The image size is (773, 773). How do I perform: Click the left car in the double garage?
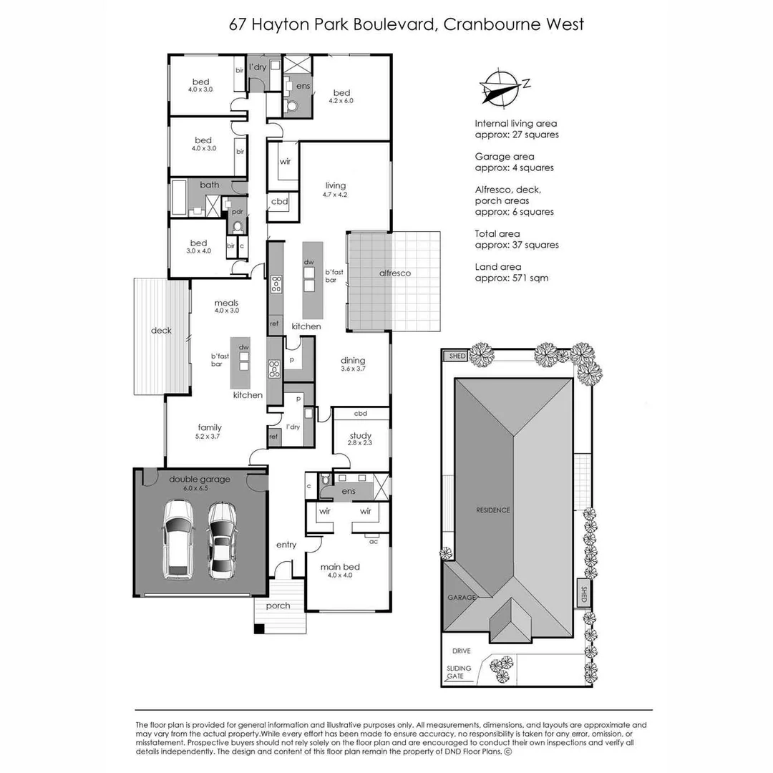pyautogui.click(x=178, y=539)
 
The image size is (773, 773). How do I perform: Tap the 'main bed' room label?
pyautogui.click(x=340, y=567)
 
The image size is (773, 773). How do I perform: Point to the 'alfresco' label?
pyautogui.click(x=394, y=273)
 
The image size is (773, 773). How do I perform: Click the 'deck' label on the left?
pyautogui.click(x=161, y=331)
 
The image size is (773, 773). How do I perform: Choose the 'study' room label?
pyautogui.click(x=361, y=435)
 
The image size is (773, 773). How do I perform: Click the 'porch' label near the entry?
pyautogui.click(x=278, y=606)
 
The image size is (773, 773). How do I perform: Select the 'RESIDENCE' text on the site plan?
pyautogui.click(x=494, y=510)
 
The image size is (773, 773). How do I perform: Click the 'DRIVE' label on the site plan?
pyautogui.click(x=461, y=651)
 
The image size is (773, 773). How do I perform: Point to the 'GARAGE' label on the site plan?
pyautogui.click(x=462, y=597)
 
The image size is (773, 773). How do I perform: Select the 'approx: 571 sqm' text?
pyautogui.click(x=512, y=278)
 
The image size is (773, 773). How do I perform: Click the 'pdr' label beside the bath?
pyautogui.click(x=237, y=213)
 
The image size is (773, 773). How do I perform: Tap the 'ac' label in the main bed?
pyautogui.click(x=373, y=541)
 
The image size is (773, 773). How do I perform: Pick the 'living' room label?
pyautogui.click(x=335, y=185)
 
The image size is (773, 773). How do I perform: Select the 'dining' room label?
pyautogui.click(x=353, y=360)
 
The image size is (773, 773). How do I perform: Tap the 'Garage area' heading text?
pyautogui.click(x=504, y=157)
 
